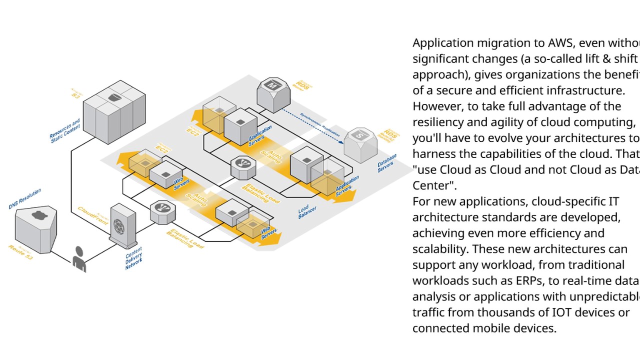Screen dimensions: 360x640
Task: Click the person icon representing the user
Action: [79, 258]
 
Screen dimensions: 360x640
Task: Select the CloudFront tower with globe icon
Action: [122, 225]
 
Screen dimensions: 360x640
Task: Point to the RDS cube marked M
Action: [273, 92]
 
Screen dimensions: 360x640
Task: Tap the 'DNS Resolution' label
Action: [25, 198]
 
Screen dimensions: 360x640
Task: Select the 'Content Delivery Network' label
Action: [134, 258]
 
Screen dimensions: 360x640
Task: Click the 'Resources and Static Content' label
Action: [65, 130]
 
